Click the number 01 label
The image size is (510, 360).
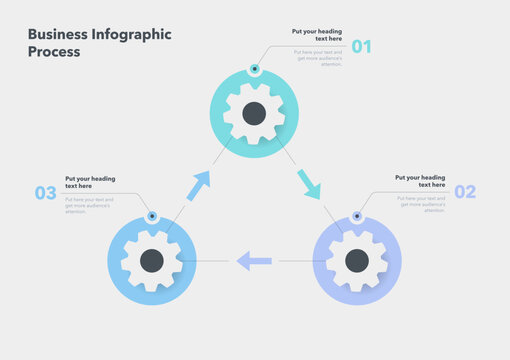pos(361,46)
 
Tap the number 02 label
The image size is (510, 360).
pos(465,192)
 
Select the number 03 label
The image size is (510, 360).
pos(46,194)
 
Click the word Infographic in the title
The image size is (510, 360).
pos(126,34)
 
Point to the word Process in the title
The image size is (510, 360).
pos(54,52)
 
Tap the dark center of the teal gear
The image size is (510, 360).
pos(254,113)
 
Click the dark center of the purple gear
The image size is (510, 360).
pos(357,261)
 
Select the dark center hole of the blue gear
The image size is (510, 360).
pos(151,261)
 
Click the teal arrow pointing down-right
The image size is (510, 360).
pos(309,184)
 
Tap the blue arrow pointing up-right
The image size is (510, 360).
pos(199,185)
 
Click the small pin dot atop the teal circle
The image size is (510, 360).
pos(254,69)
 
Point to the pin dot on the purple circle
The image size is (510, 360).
pos(357,216)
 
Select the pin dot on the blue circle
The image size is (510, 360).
pos(151,216)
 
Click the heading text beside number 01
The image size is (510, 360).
pos(317,35)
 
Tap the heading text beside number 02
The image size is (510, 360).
pos(420,181)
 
